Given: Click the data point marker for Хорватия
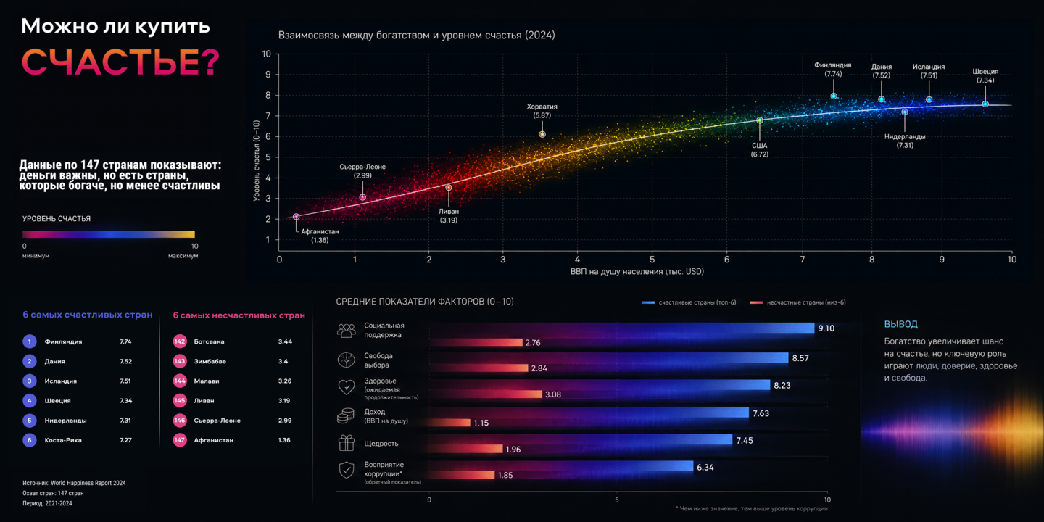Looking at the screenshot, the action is tap(542, 134).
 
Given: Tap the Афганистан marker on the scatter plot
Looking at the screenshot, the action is tap(296, 217).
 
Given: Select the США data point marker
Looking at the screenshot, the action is tap(760, 120).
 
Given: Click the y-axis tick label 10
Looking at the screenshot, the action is tap(266, 54).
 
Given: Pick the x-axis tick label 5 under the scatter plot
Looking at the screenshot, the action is tap(652, 259).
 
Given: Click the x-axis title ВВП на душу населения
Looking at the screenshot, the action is tap(637, 271).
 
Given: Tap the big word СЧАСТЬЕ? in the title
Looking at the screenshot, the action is tap(120, 62).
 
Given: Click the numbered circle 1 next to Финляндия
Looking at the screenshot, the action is tap(29, 341).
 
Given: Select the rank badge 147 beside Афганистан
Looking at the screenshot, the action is tap(180, 440).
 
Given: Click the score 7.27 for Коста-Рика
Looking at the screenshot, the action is tap(125, 440).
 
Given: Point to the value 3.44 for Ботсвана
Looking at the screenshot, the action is tap(285, 341).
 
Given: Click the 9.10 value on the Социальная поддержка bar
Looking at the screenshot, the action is tap(826, 328).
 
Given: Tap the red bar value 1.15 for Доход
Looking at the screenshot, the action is tap(481, 423).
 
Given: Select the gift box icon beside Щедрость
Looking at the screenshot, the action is tap(347, 443).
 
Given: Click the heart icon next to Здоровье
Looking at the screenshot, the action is tap(347, 387).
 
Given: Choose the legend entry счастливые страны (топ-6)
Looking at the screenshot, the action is tap(689, 302).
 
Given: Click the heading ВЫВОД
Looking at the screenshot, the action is tap(900, 324).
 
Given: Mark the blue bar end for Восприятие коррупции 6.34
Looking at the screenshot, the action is tap(692, 466).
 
